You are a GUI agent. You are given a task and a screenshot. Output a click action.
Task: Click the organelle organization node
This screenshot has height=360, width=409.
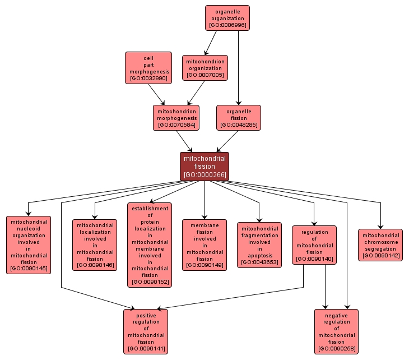click(227, 18)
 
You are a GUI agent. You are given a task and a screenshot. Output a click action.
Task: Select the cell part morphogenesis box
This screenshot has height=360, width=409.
click(148, 68)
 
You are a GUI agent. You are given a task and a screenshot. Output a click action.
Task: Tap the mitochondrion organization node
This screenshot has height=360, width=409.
click(204, 68)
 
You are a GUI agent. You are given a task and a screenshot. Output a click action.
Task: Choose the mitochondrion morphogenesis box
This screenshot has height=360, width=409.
click(176, 118)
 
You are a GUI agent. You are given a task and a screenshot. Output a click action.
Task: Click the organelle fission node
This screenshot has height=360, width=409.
click(239, 118)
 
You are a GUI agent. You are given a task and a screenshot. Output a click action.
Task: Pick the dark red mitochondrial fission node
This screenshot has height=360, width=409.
click(204, 167)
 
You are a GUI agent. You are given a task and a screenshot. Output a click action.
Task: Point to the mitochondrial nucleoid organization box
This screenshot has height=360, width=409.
click(28, 245)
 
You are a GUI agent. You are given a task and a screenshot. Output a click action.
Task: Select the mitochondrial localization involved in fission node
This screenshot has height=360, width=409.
click(95, 245)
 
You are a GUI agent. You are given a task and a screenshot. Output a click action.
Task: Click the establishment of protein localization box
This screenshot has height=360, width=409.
click(150, 245)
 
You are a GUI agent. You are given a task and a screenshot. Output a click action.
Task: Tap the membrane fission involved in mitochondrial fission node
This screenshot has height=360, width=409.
click(204, 245)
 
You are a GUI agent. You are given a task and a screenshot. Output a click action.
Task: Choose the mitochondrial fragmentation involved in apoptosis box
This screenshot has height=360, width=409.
click(259, 245)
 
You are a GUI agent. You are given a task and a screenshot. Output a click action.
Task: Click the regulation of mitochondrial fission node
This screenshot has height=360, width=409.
click(314, 245)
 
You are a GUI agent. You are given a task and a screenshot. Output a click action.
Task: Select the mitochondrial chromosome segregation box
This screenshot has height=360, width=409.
click(380, 245)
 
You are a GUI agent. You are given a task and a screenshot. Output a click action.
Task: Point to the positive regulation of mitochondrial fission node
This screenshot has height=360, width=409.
click(146, 332)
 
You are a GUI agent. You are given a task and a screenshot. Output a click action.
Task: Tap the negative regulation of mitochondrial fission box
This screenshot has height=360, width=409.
click(336, 332)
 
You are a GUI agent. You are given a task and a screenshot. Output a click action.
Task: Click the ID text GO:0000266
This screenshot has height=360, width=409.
click(204, 175)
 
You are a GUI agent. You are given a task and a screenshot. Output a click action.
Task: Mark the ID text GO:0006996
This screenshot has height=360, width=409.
click(227, 25)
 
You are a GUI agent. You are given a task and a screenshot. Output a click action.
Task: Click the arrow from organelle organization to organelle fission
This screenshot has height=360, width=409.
click(239, 67)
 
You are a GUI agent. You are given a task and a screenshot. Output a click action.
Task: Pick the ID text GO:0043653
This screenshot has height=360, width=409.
click(259, 262)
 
